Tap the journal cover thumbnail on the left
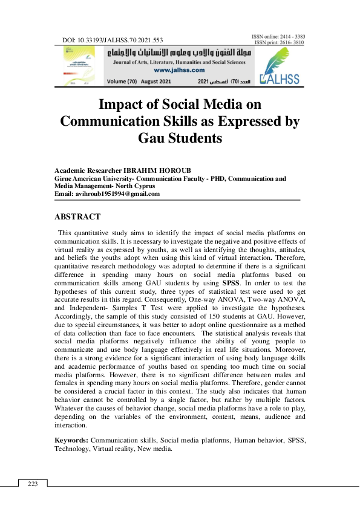pos(78,66)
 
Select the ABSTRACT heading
pos(77,217)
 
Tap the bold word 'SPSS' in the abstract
pos(231,282)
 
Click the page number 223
pos(33,483)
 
